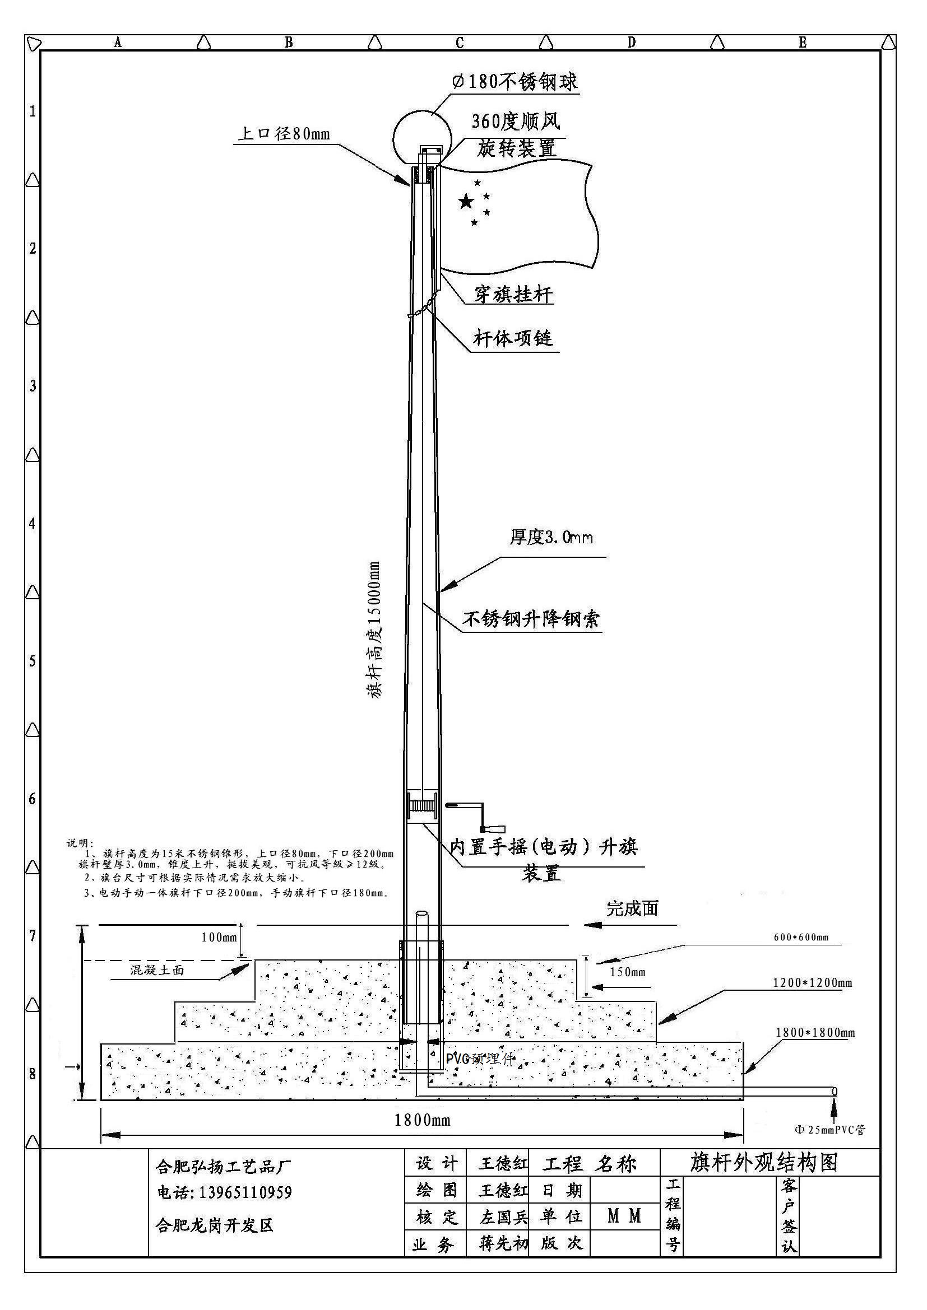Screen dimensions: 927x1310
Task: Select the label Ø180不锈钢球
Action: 515,81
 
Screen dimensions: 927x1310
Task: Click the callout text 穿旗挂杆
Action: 513,295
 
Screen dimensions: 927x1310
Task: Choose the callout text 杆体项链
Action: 513,338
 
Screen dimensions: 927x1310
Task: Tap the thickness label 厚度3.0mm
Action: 551,537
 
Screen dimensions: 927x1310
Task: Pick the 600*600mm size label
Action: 801,937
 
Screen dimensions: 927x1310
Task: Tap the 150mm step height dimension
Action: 627,972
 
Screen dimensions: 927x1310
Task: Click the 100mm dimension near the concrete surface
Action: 219,937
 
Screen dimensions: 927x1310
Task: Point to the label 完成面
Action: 632,908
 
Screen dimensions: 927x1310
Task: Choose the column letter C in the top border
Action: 460,43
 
